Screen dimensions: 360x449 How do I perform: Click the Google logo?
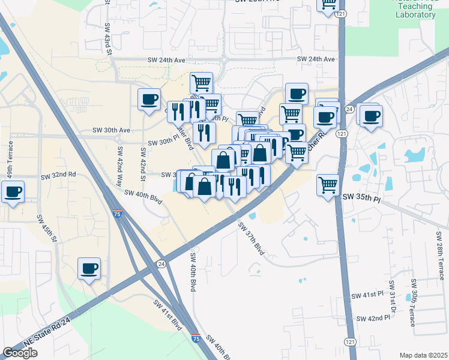click(20, 353)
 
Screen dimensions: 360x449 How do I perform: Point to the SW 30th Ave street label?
click(111, 130)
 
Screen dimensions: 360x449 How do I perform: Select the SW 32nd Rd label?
click(58, 175)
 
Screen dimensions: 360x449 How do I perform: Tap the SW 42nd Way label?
click(120, 163)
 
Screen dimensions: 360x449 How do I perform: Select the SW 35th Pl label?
click(361, 196)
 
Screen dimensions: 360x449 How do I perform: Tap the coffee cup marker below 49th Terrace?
click(13, 193)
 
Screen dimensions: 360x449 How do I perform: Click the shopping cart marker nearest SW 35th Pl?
click(328, 184)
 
